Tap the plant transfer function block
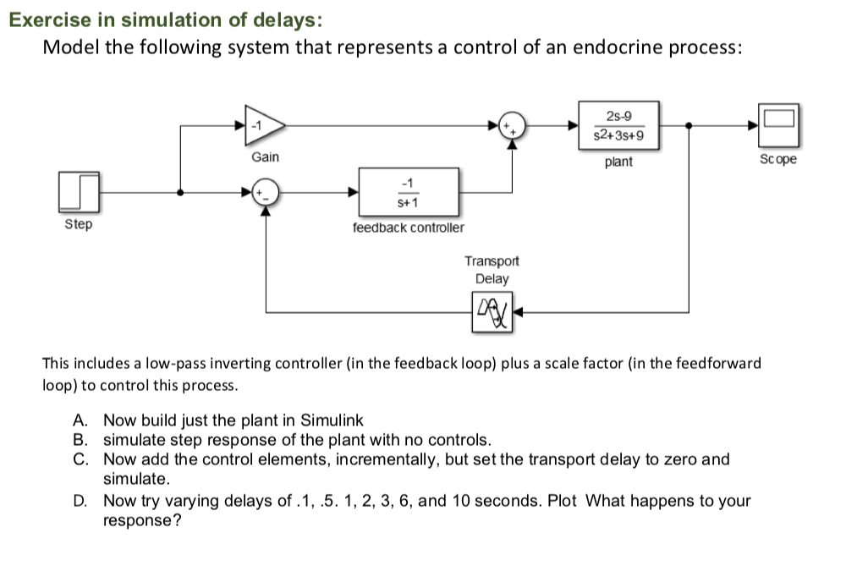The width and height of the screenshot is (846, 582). tap(618, 126)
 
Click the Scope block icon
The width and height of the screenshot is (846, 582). tap(777, 126)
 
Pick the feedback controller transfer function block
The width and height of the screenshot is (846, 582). tap(409, 192)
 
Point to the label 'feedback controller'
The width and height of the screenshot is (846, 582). tap(408, 228)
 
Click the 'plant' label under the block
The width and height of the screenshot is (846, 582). tap(618, 162)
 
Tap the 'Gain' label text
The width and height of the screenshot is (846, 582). tap(265, 157)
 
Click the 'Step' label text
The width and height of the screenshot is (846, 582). tap(79, 225)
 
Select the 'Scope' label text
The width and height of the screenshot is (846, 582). tap(777, 159)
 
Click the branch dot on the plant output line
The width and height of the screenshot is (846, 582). tap(689, 126)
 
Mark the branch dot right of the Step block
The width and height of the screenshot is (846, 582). tap(179, 192)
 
